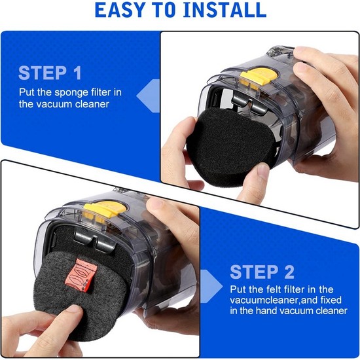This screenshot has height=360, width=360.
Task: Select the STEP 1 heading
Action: (50, 73)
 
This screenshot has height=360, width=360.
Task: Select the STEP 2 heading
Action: (262, 272)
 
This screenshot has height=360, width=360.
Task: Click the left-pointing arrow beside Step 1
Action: (148, 96)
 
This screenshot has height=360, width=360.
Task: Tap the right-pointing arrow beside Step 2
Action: (211, 286)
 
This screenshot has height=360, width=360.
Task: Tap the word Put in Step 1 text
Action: (27, 92)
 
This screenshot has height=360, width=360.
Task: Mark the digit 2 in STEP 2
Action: (288, 272)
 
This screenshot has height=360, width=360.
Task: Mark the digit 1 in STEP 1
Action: (77, 73)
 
